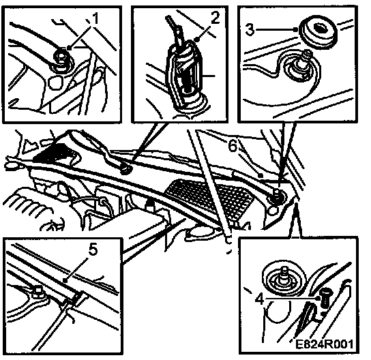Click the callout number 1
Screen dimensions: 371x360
click(x=95, y=18)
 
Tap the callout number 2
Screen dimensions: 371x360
click(x=215, y=17)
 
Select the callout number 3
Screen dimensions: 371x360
click(x=250, y=29)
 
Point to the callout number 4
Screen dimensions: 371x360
click(x=260, y=299)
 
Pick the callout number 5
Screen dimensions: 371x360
click(x=93, y=250)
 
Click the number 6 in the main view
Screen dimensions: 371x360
click(x=233, y=146)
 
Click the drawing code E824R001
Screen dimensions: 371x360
click(x=325, y=344)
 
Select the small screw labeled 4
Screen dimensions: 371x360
click(x=326, y=299)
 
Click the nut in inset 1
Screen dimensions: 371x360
click(x=62, y=59)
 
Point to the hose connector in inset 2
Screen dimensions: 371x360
click(x=185, y=74)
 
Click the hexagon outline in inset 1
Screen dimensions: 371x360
click(x=55, y=82)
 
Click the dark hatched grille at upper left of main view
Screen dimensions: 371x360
click(x=53, y=153)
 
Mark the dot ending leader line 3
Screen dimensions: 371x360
click(x=296, y=29)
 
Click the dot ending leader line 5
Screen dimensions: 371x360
click(x=65, y=280)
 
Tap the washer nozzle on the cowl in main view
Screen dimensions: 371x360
click(x=126, y=169)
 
